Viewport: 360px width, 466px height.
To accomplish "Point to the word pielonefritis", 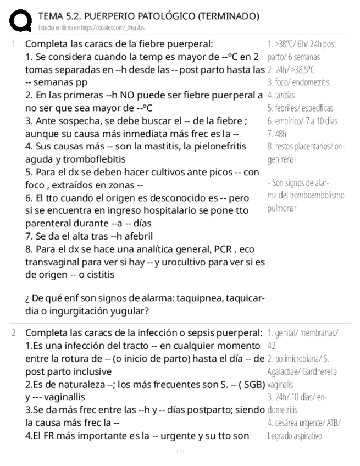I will click(x=226, y=146).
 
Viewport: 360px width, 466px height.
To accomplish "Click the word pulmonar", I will click(x=282, y=208).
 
